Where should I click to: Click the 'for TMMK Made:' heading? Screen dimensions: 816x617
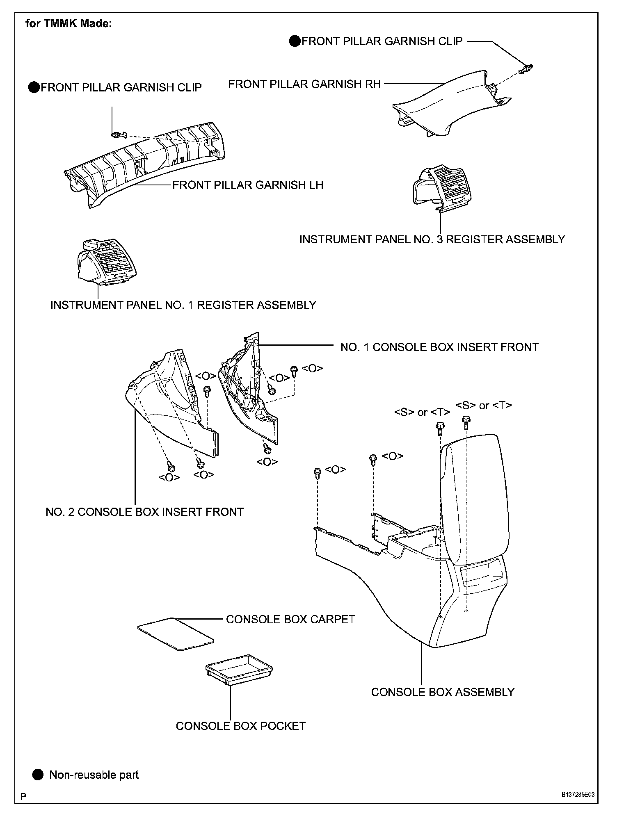(68, 23)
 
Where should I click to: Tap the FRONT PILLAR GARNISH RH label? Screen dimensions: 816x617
(304, 84)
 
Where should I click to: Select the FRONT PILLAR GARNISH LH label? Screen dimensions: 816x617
(248, 185)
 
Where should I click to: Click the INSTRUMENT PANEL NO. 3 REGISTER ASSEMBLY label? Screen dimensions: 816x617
(432, 239)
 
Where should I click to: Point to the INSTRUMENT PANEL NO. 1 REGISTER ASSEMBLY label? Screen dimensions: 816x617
(183, 305)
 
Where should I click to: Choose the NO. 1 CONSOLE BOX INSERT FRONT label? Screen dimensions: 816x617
(439, 347)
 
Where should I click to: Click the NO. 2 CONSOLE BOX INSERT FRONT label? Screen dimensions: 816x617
(144, 512)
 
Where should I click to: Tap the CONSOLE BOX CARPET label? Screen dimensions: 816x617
(290, 619)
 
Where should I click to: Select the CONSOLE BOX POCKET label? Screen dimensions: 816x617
(241, 726)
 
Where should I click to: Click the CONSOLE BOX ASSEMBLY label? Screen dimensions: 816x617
(443, 692)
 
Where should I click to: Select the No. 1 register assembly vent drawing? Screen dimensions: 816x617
(107, 261)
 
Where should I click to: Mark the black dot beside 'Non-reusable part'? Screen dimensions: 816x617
(38, 775)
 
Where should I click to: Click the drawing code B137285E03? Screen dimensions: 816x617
(578, 794)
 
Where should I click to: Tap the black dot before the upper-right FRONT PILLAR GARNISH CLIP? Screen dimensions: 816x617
(295, 41)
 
